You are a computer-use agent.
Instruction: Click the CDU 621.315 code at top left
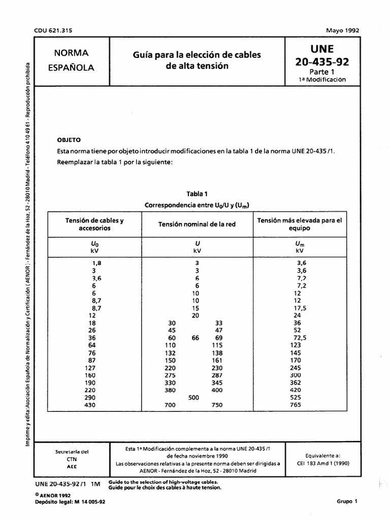[53, 30]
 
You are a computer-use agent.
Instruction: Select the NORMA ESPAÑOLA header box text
[71, 60]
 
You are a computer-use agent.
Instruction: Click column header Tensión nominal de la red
[197, 224]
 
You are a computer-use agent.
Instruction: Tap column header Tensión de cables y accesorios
[94, 224]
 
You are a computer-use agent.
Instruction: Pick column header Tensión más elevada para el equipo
[300, 224]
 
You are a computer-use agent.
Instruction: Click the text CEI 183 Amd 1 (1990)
[320, 464]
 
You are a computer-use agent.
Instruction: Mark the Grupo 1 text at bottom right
[347, 501]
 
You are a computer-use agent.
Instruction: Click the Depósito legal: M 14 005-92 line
[70, 501]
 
